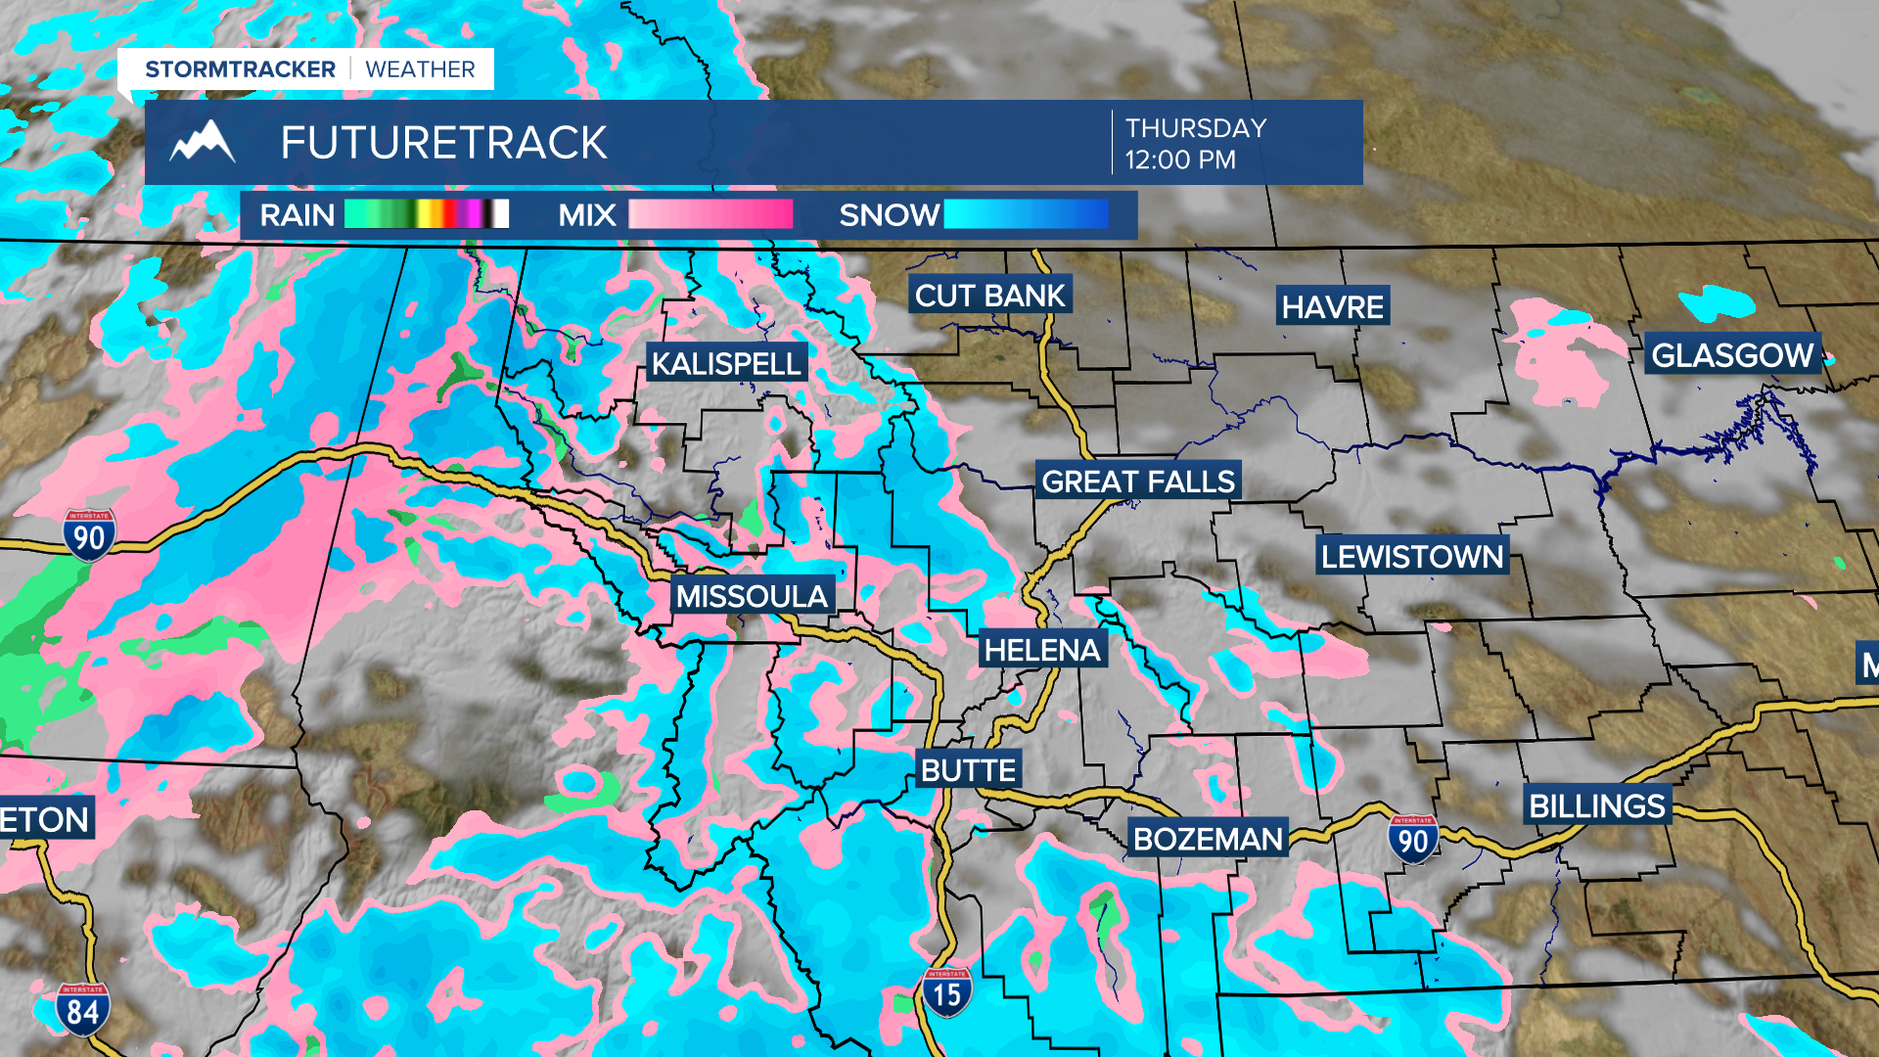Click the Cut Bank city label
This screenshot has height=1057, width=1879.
tap(989, 295)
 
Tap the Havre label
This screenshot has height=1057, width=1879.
tap(1332, 306)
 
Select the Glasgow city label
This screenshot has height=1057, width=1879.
tap(1732, 354)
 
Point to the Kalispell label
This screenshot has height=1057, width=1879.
tap(726, 363)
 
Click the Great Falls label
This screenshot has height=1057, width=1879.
tap(1138, 481)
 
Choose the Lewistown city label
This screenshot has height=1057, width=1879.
tap(1411, 556)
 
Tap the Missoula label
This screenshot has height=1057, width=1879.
tap(752, 595)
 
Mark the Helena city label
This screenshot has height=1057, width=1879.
tap(1042, 649)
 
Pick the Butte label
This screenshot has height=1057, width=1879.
tap(968, 769)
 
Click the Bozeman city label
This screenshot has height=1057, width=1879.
tap(1208, 838)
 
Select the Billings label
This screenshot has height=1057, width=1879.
tap(1596, 805)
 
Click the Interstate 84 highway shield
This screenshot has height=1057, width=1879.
tap(82, 1010)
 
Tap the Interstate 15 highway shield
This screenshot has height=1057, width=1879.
tap(946, 993)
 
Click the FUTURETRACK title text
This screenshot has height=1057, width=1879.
tap(443, 143)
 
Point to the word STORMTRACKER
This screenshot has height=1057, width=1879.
tap(240, 69)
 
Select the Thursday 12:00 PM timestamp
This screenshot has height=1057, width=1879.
tap(1195, 144)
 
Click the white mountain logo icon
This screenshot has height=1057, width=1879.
tap(203, 142)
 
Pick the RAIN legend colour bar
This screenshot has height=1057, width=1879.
tap(427, 214)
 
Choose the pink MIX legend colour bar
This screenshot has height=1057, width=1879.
tap(710, 214)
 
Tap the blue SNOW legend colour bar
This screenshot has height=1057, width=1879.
tap(1026, 214)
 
